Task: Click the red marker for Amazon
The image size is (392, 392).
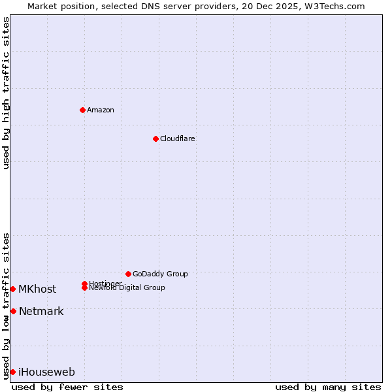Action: click(x=82, y=110)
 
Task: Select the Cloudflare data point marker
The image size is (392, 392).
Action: click(x=155, y=139)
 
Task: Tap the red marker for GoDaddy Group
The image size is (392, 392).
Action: click(x=128, y=274)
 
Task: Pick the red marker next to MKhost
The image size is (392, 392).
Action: click(x=12, y=289)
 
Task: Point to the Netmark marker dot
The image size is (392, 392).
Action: click(x=13, y=311)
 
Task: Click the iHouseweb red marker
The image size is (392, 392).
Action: click(x=12, y=372)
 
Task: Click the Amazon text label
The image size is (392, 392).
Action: click(x=101, y=110)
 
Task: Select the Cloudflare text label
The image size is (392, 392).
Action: click(x=178, y=139)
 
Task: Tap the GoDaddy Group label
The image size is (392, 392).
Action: click(x=160, y=274)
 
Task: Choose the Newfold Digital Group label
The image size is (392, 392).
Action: click(x=127, y=288)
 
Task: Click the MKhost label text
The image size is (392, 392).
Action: click(x=37, y=289)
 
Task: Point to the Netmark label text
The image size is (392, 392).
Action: click(x=41, y=311)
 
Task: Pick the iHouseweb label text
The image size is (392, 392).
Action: click(x=46, y=372)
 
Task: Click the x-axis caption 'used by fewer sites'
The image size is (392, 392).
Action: click(x=67, y=387)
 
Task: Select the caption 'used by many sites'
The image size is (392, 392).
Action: click(x=328, y=387)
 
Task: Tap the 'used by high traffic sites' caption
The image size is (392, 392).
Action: click(x=6, y=93)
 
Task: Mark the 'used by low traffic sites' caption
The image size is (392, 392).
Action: click(x=6, y=305)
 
